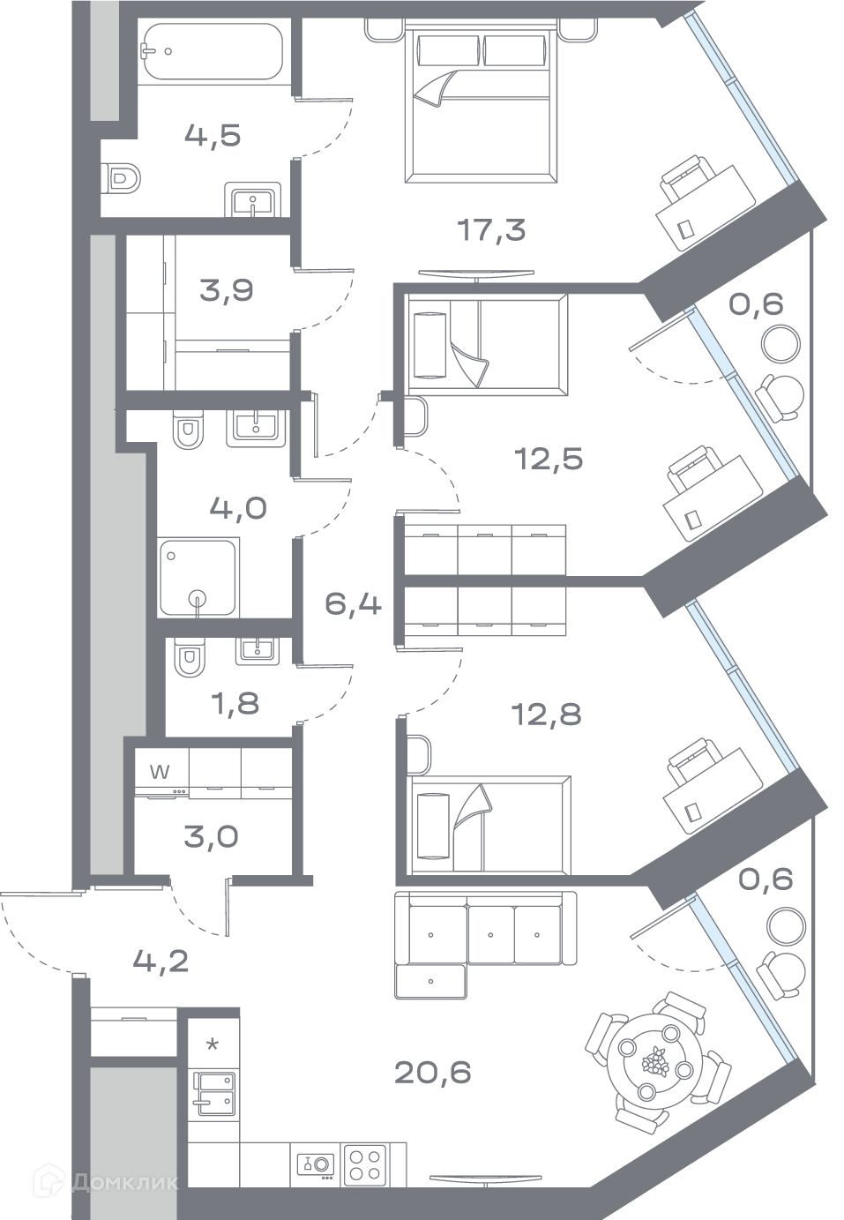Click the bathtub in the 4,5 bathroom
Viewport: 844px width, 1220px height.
[213, 52]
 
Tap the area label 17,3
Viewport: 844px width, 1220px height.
[491, 230]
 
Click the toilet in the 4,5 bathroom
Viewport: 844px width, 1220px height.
[121, 177]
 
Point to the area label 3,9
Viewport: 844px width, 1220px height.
[227, 290]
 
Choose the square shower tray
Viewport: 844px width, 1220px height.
[199, 577]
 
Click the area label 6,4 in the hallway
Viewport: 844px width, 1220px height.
[353, 604]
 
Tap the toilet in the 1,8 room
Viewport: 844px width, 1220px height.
[190, 657]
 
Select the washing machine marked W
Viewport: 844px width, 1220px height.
[161, 773]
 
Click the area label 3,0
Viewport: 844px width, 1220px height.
[212, 837]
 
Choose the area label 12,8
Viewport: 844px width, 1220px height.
[547, 714]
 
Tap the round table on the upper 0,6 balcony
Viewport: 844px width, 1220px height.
[781, 344]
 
